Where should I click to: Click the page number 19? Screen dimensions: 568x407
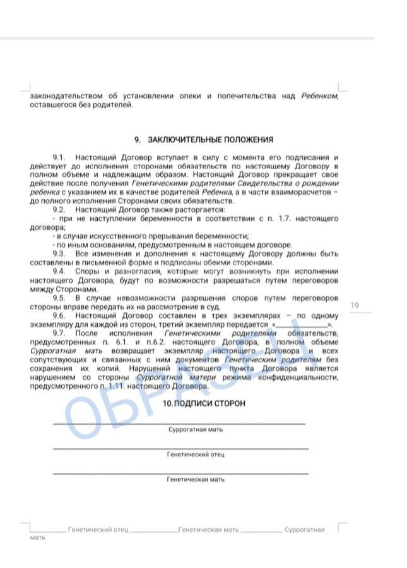point(355,306)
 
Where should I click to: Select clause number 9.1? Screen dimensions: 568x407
point(59,157)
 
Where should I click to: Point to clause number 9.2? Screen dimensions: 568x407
point(59,210)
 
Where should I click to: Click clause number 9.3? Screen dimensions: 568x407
point(59,253)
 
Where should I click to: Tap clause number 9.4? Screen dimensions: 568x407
point(59,271)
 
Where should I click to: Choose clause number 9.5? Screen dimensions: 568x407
point(59,297)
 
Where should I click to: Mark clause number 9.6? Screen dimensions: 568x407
point(59,315)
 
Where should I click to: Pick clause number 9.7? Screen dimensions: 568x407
point(59,333)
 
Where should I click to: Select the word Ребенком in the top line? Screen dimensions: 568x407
point(319,96)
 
